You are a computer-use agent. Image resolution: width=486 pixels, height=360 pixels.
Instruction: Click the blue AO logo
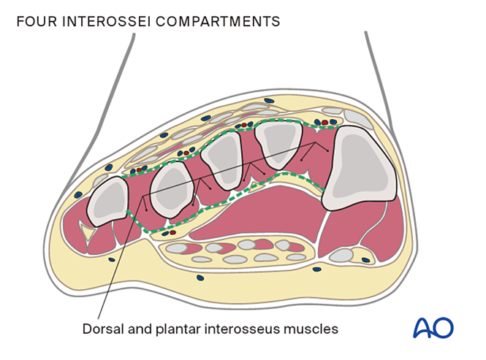pos(433,328)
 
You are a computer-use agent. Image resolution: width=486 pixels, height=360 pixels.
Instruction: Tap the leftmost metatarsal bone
pos(108,202)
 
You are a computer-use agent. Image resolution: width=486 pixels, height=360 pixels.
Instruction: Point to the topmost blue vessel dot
pos(268,99)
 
